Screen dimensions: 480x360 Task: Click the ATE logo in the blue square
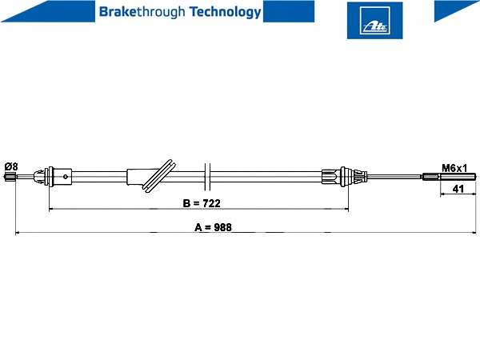pos(374,20)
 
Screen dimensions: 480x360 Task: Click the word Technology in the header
pos(226,12)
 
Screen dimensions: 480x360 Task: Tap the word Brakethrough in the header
pos(142,12)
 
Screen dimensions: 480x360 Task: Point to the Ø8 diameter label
pos(11,166)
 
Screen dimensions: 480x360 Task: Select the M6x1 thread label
pos(454,168)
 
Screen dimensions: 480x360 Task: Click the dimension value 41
pos(458,189)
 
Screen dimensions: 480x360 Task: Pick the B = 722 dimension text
pos(202,203)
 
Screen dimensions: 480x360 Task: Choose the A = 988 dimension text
pos(213,227)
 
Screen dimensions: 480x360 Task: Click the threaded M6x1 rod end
pos(450,177)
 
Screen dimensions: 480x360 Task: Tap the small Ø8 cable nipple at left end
pos(10,177)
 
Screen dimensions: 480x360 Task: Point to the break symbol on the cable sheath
pos(207,177)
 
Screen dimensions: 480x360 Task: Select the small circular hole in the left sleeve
pos(66,176)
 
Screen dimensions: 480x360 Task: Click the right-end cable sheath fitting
pos(344,177)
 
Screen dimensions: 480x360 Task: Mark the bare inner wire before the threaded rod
pos(394,176)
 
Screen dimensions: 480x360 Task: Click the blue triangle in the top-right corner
pos(457,11)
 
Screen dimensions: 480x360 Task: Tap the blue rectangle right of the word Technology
pos(289,11)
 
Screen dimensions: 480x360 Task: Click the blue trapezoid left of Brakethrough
pos(48,11)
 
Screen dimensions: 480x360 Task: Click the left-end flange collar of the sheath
pos(50,177)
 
